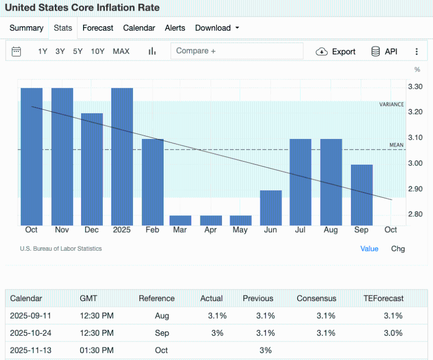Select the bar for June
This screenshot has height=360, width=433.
pyautogui.click(x=271, y=207)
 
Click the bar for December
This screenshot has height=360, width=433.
pyautogui.click(x=92, y=169)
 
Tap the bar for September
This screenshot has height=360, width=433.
pyautogui.click(x=362, y=195)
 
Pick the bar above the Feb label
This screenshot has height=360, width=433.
pyautogui.click(x=153, y=182)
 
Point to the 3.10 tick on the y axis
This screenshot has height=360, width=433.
pyautogui.click(x=415, y=137)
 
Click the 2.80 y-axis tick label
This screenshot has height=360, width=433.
pyautogui.click(x=415, y=214)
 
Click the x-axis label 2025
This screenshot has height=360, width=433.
pyautogui.click(x=122, y=230)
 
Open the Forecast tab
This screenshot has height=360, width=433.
pyautogui.click(x=98, y=28)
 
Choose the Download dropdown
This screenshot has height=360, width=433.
pyautogui.click(x=217, y=28)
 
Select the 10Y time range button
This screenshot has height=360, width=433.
pyautogui.click(x=98, y=51)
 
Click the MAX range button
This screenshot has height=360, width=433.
pyautogui.click(x=121, y=51)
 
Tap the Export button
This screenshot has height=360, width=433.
pyautogui.click(x=336, y=51)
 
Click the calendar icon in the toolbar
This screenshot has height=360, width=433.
pyautogui.click(x=16, y=51)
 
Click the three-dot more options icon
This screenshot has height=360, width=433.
pyautogui.click(x=416, y=51)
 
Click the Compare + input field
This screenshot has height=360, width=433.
pyautogui.click(x=237, y=51)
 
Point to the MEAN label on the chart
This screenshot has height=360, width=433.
pyautogui.click(x=396, y=145)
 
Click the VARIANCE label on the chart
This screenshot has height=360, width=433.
pyautogui.click(x=391, y=105)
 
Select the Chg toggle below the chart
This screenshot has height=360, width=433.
pyautogui.click(x=398, y=249)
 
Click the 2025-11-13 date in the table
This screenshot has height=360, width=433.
pyautogui.click(x=31, y=350)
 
